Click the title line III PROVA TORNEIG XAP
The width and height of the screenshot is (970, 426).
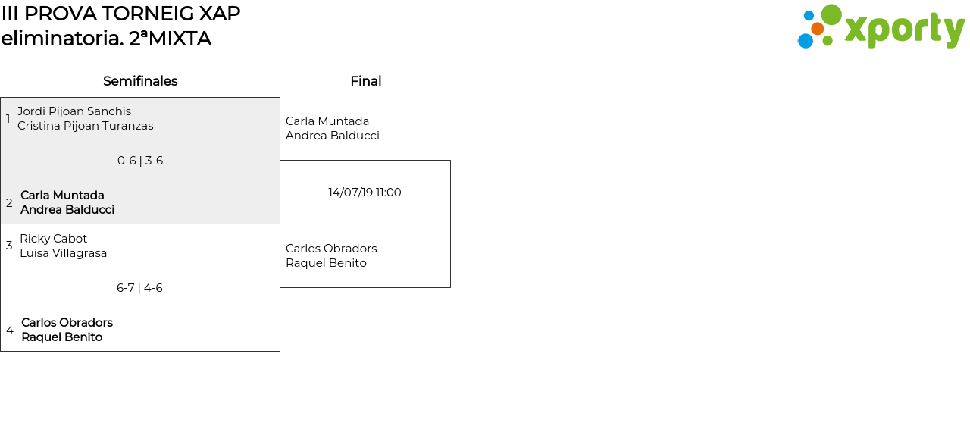(x=120, y=14)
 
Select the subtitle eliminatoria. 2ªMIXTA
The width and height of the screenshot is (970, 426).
(x=106, y=39)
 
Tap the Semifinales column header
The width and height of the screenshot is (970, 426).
(x=140, y=81)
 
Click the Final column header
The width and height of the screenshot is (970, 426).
(x=365, y=81)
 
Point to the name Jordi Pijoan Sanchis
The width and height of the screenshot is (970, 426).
(x=74, y=111)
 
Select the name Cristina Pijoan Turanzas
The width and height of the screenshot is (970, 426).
(x=86, y=126)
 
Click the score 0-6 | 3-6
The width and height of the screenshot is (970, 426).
(x=140, y=161)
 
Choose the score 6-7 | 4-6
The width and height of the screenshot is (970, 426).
(x=139, y=288)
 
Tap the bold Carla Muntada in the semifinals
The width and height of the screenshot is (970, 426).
(x=62, y=196)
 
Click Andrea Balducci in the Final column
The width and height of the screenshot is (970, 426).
(x=333, y=136)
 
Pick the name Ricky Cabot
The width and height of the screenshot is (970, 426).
(x=54, y=239)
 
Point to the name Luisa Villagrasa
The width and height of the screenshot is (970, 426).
(x=64, y=253)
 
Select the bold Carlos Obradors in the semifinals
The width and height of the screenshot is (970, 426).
(x=67, y=323)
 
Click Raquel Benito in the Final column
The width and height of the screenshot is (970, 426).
(x=326, y=263)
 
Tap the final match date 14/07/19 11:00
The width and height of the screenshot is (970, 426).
(x=365, y=193)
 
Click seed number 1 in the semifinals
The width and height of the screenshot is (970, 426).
(x=8, y=119)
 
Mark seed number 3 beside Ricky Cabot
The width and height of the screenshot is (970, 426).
(x=9, y=246)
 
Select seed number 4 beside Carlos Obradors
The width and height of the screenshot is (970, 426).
(x=10, y=330)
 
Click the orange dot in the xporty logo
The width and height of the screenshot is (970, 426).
(x=818, y=29)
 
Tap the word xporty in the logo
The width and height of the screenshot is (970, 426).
(x=904, y=30)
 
